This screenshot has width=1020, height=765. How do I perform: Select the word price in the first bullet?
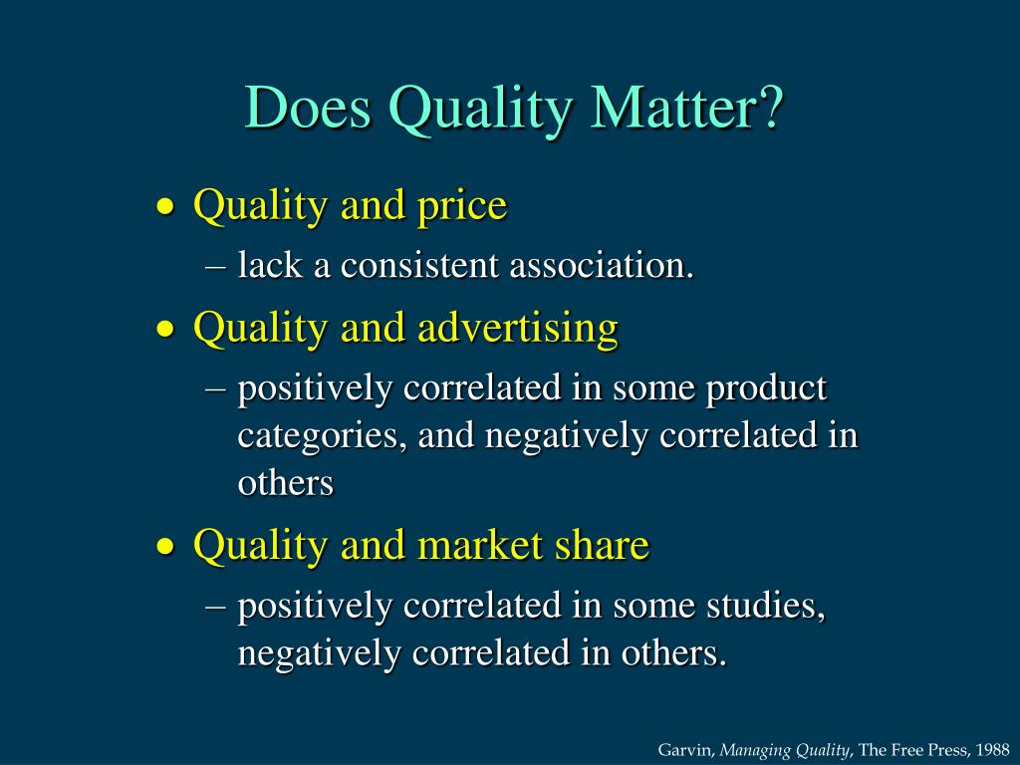point(463,207)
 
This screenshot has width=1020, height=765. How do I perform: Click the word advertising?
point(518,328)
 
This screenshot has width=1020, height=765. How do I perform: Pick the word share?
point(603,545)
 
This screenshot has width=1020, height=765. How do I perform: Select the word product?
point(767,387)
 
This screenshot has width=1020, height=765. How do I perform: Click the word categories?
point(321,436)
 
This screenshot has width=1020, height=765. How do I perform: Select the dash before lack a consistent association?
point(219,267)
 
